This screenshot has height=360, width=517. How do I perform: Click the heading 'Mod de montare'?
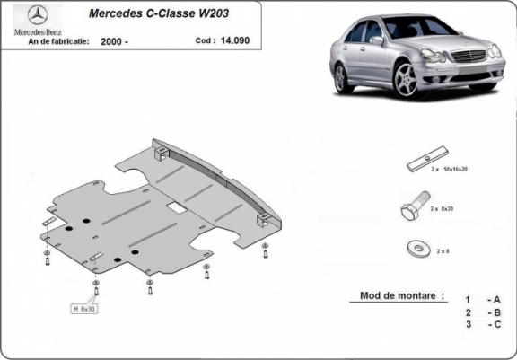pyautogui.click(x=401, y=294)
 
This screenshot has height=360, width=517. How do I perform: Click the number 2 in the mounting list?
pyautogui.click(x=468, y=312)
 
